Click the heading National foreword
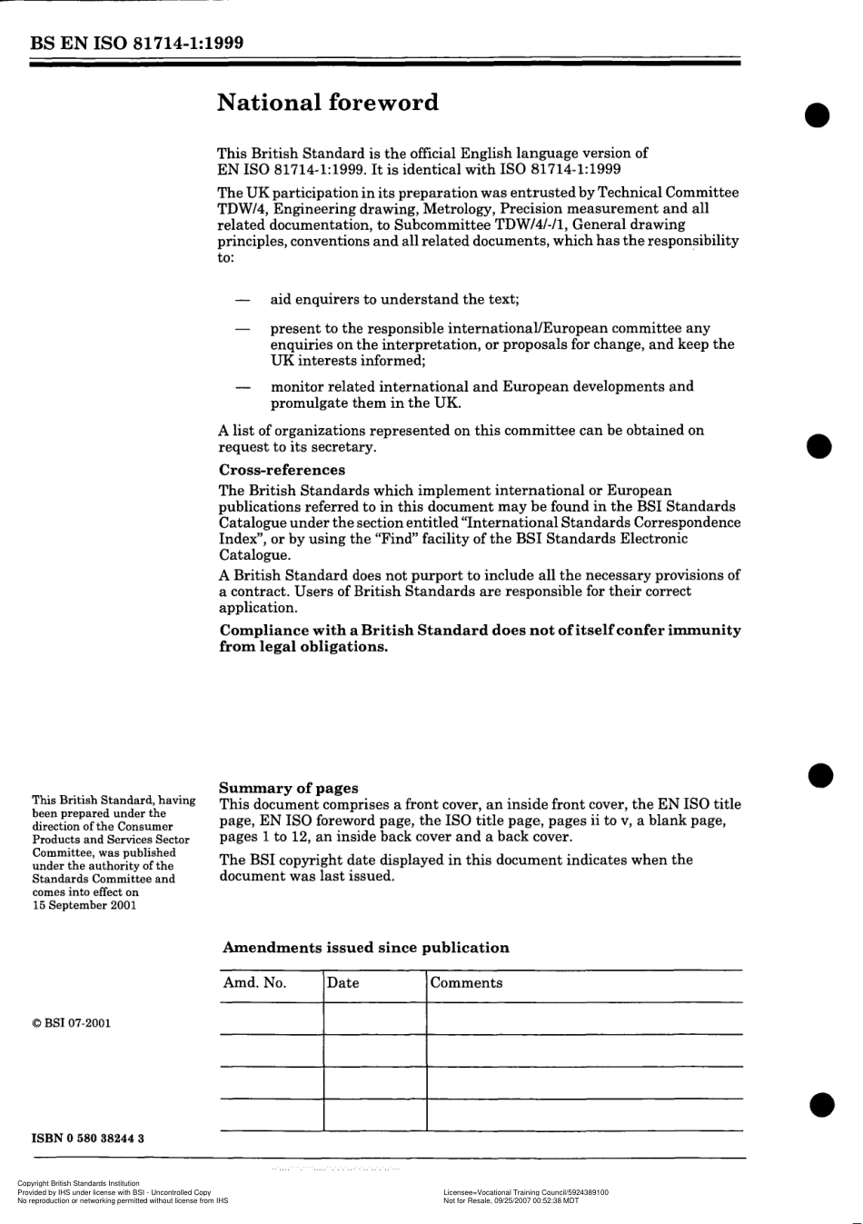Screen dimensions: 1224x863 327,103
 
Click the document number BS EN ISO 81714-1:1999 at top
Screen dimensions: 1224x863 136,43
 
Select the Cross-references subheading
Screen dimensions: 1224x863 282,470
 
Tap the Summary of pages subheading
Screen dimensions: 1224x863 289,788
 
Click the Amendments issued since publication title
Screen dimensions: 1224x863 366,948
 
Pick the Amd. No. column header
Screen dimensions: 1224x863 255,983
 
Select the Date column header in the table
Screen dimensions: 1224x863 343,983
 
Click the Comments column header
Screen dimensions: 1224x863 466,983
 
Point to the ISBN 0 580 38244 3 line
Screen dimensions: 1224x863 88,1138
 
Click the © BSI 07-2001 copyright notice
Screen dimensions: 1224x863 72,1023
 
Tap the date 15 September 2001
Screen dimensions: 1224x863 84,905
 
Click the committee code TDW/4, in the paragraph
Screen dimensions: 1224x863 240,208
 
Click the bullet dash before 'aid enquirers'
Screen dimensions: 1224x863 243,300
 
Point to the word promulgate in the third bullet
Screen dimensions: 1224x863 307,403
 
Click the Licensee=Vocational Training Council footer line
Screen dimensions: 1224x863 526,1192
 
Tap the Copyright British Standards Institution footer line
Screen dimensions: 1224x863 79,1183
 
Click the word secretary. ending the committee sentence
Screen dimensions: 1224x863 342,447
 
